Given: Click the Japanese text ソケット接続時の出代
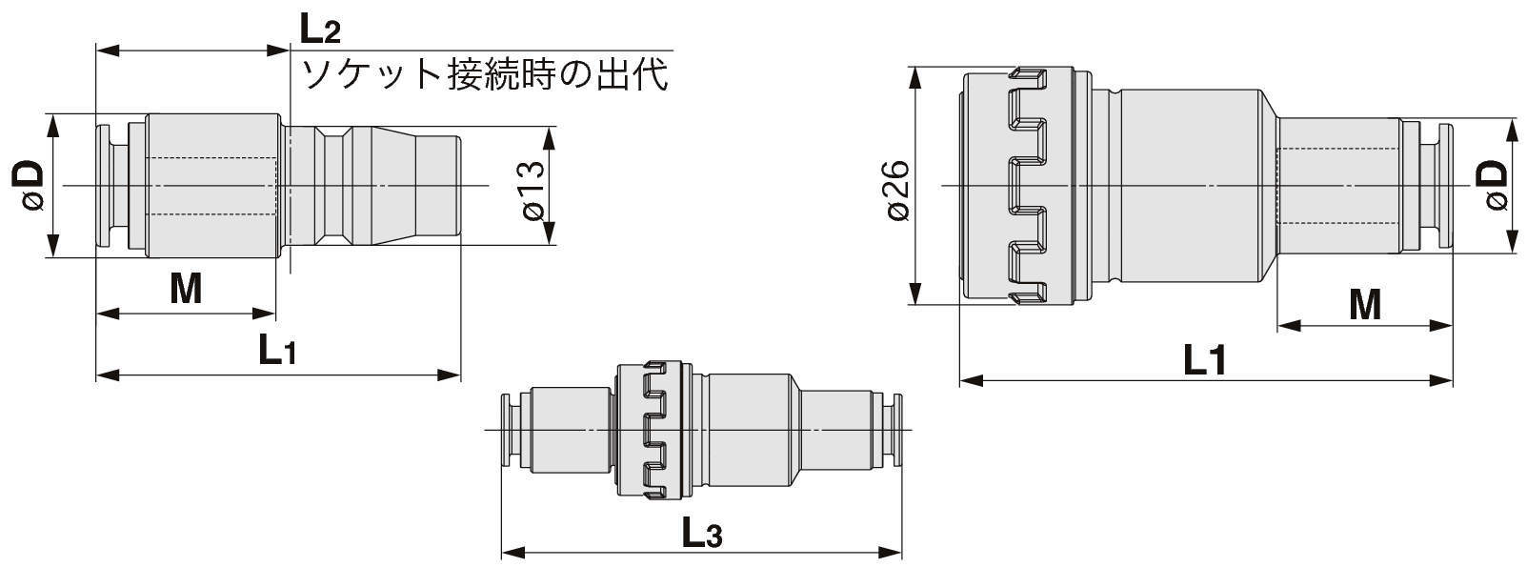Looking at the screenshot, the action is tap(485, 74).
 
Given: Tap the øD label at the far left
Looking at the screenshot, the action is tap(28, 185).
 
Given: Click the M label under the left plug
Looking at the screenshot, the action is tap(186, 288).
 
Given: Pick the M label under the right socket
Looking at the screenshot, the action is tap(1365, 304).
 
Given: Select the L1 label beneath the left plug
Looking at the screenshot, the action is tap(277, 351).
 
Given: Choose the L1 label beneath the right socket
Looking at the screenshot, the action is tap(1205, 360).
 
